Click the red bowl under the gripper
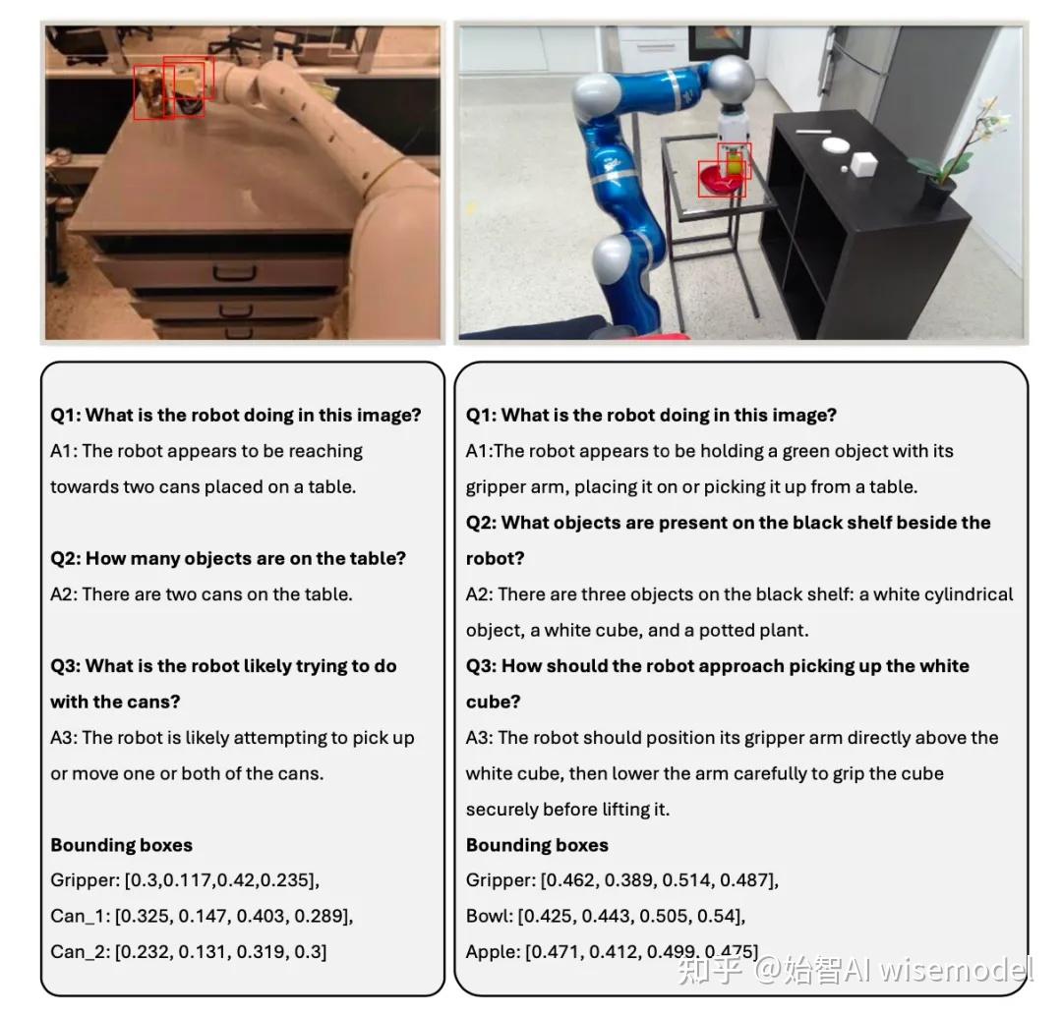719,180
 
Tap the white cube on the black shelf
864,164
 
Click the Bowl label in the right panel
488,916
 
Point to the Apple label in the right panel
492,952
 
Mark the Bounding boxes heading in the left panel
121,845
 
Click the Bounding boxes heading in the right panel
537,845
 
